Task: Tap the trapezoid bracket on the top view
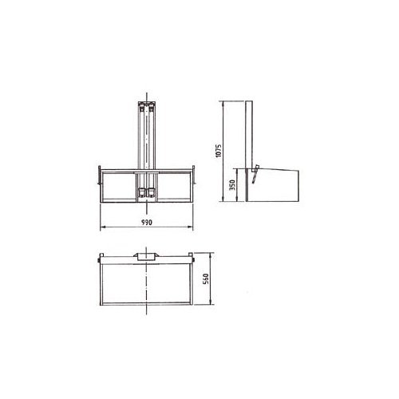click(x=147, y=257)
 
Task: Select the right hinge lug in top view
click(x=192, y=258)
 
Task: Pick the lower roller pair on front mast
click(x=147, y=192)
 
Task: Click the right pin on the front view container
click(x=196, y=168)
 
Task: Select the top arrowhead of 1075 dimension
click(x=221, y=104)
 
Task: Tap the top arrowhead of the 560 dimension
click(x=209, y=257)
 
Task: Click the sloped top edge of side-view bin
click(x=275, y=168)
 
